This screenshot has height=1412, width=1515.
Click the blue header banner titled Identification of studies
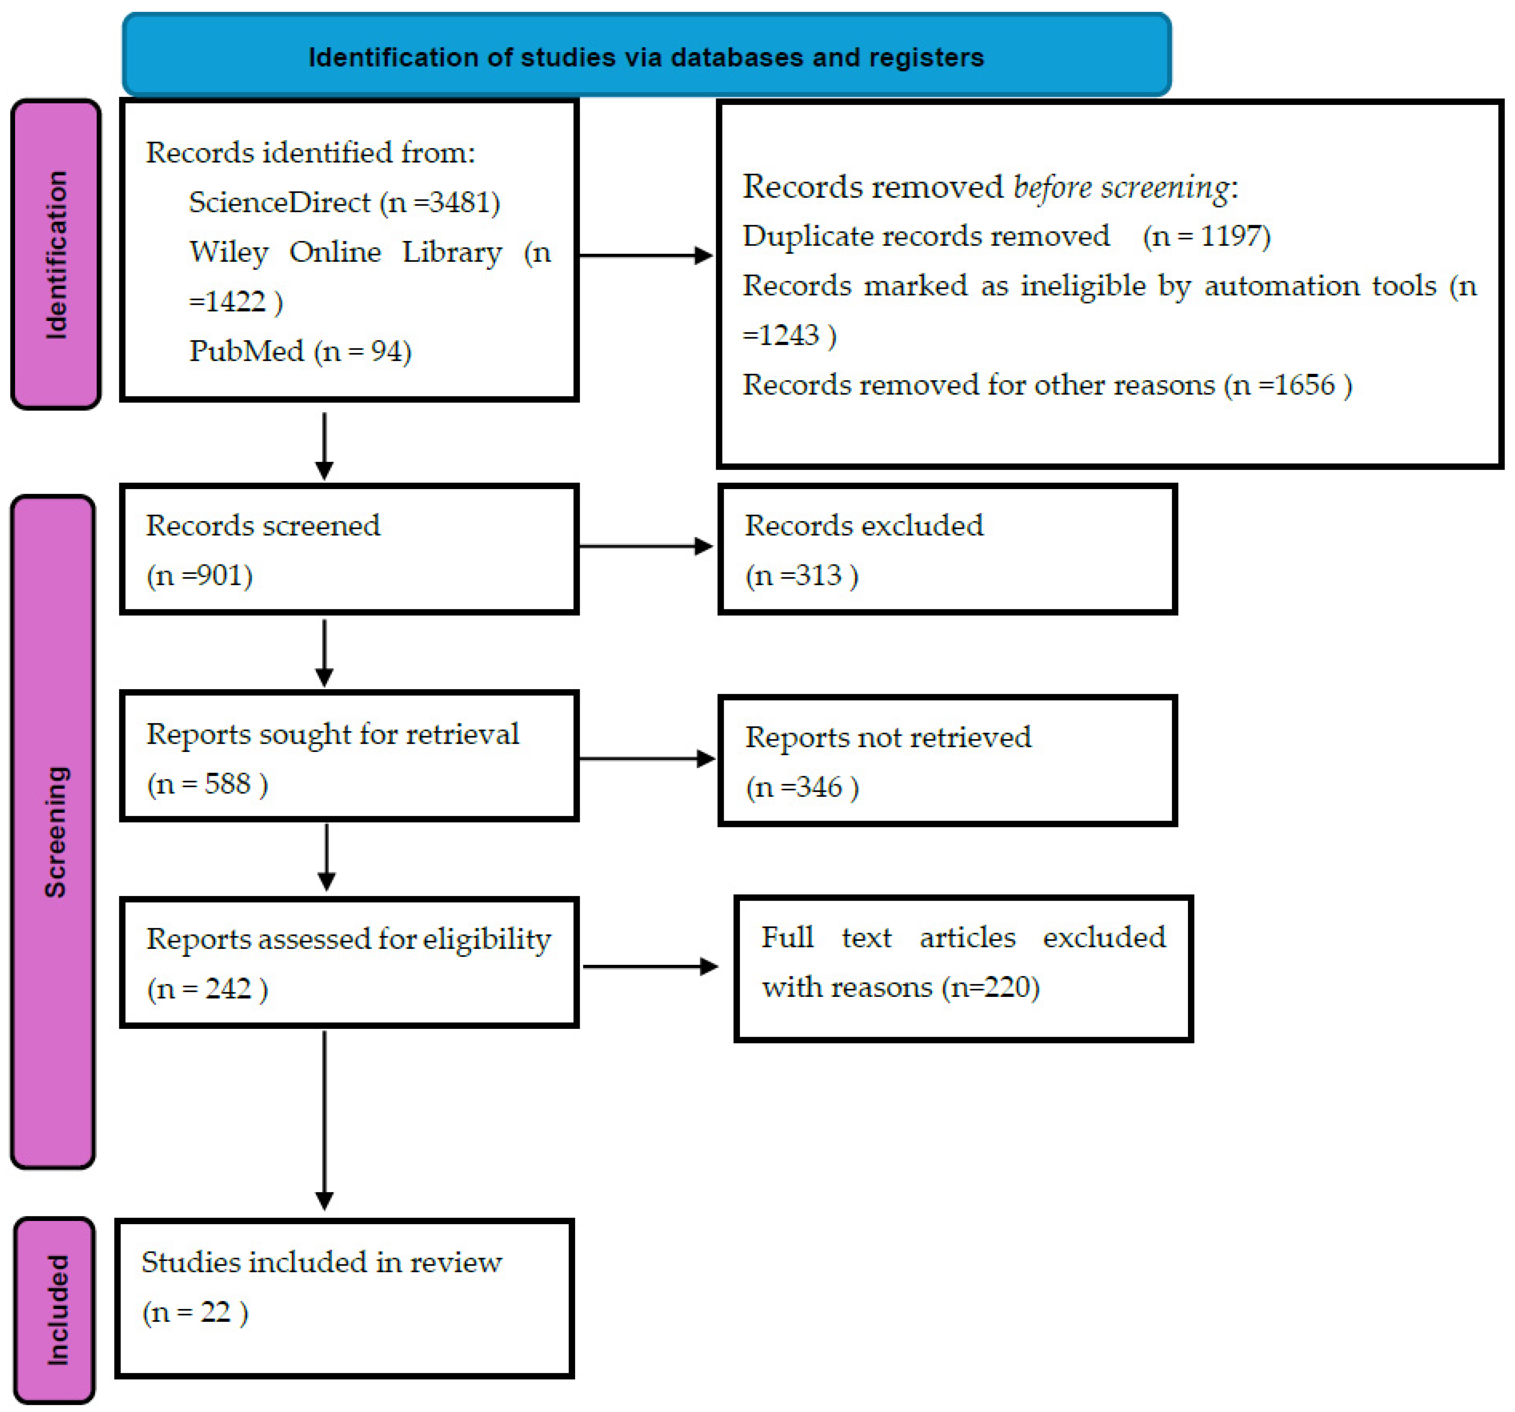pyautogui.click(x=646, y=54)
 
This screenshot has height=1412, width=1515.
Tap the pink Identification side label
pyautogui.click(x=56, y=254)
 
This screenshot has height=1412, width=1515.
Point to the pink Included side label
pyautogui.click(x=55, y=1309)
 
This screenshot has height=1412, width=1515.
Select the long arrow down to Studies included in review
pyautogui.click(x=325, y=1120)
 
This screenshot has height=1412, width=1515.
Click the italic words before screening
pyautogui.click(x=1120, y=187)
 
